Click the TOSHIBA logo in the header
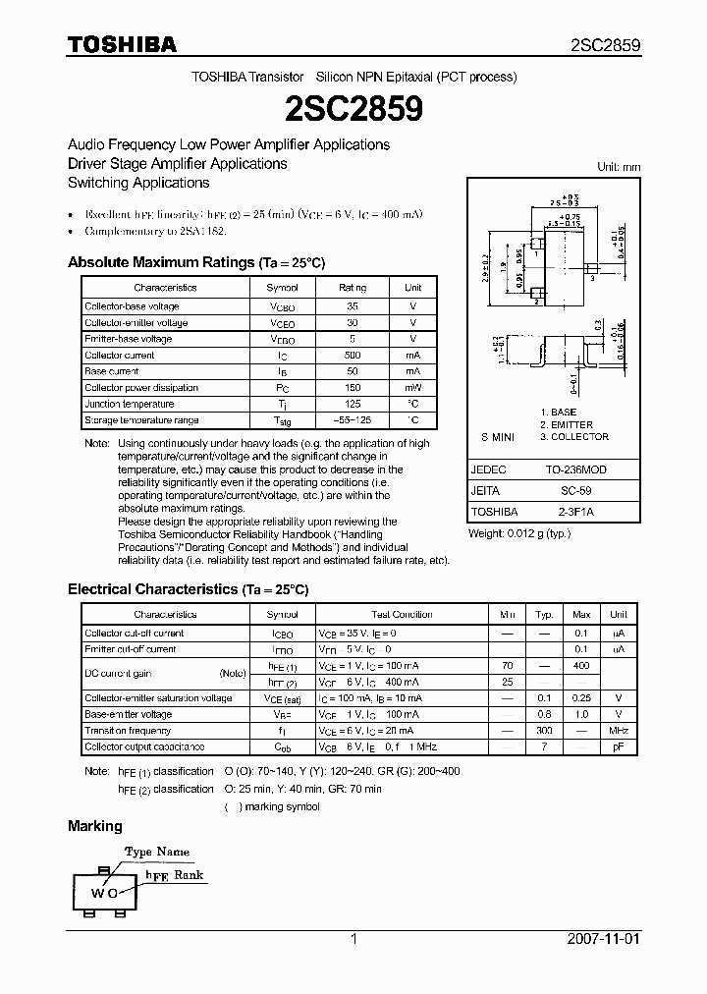tap(122, 44)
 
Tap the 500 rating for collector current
tap(353, 356)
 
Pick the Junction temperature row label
tap(130, 404)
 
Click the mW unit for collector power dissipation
tap(412, 388)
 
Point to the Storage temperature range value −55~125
tap(353, 420)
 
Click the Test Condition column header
tap(402, 614)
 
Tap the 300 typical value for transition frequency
tap(544, 731)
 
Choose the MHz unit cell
tap(619, 731)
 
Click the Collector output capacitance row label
tap(145, 747)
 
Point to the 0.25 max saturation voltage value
tap(580, 698)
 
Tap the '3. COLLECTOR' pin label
tap(574, 437)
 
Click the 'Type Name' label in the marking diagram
tap(157, 852)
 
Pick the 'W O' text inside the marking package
tap(105, 893)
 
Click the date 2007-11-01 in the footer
tap(604, 939)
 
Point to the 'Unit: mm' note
tap(619, 167)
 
